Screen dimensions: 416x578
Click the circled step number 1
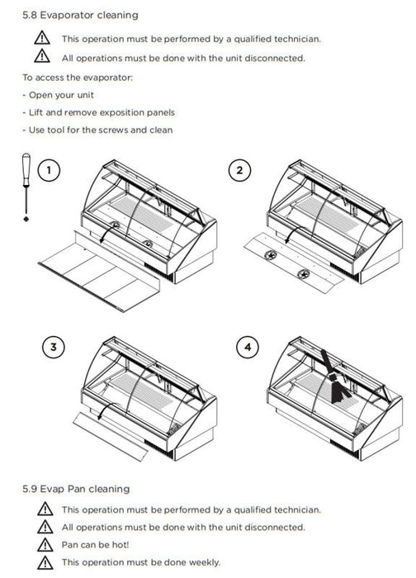point(49,170)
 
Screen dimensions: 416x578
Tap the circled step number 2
point(239,170)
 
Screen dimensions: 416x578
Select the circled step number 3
point(54,348)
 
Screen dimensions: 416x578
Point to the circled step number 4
point(248,348)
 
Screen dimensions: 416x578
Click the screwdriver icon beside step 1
point(26,187)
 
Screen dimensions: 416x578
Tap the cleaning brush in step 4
point(334,378)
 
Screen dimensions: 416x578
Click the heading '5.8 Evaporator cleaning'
point(80,15)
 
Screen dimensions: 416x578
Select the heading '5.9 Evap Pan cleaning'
point(76,489)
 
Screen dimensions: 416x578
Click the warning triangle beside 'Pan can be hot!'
point(45,545)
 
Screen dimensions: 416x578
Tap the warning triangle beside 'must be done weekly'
point(45,562)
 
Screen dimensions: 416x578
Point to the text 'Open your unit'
point(61,95)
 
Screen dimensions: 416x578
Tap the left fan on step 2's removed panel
point(271,254)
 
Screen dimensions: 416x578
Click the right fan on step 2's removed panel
point(304,273)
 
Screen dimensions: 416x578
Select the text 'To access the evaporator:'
point(78,78)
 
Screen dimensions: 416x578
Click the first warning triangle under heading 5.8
point(42,38)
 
